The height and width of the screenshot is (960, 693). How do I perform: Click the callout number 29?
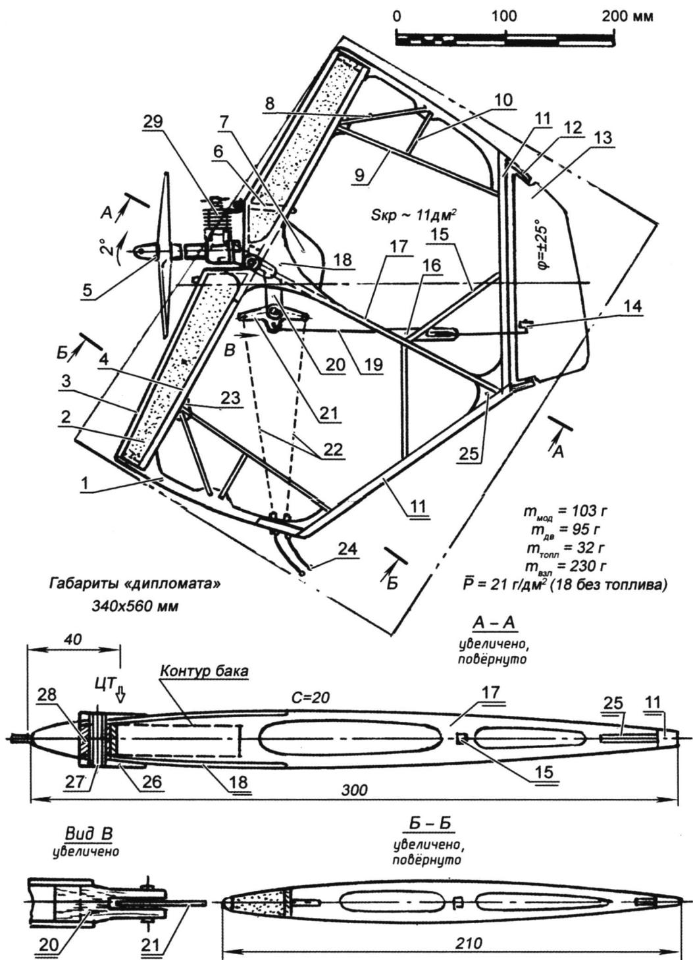pos(157,122)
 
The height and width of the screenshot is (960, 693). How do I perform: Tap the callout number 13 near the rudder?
pos(603,138)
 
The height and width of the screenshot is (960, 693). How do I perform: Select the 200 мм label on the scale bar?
pos(627,16)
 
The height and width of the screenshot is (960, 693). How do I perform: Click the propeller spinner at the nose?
pos(142,251)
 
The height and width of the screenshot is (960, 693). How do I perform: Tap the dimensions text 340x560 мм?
pos(136,605)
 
